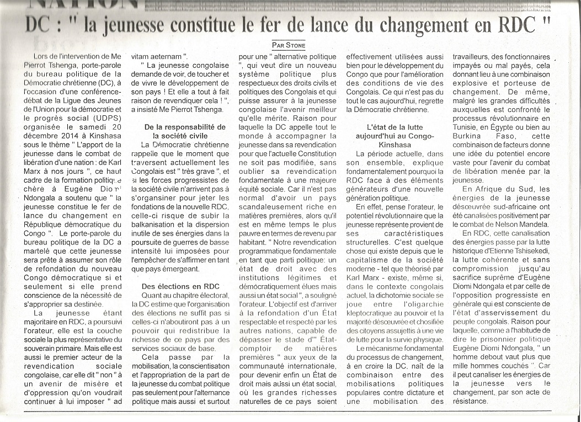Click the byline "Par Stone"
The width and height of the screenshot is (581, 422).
[x=289, y=45]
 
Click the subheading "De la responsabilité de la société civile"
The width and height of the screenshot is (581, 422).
[x=181, y=131]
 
